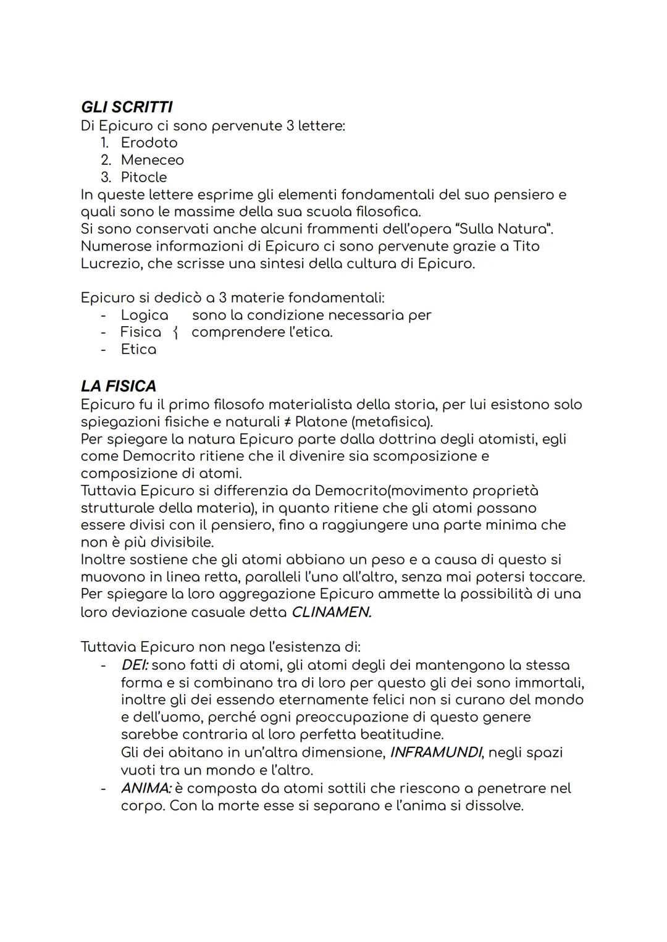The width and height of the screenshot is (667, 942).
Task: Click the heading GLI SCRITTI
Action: pos(127,107)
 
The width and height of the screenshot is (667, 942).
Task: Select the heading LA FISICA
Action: pos(118,386)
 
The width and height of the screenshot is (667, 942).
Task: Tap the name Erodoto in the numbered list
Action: pos(149,143)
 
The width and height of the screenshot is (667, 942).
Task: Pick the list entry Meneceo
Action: pos(152,160)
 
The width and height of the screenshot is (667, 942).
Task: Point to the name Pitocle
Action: pos(143,177)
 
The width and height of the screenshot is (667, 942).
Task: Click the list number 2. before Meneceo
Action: pos(106,160)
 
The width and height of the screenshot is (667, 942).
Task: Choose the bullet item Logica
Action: pos(144,315)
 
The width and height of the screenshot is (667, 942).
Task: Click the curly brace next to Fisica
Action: pos(175,333)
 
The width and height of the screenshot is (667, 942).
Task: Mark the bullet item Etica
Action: pos(138,350)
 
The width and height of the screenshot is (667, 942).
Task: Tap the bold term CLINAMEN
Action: pos(331,613)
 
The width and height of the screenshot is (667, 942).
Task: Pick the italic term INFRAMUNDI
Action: pos(435,753)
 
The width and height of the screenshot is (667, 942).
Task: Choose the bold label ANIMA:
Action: pos(146,789)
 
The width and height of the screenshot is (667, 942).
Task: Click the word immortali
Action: pos(549,683)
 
